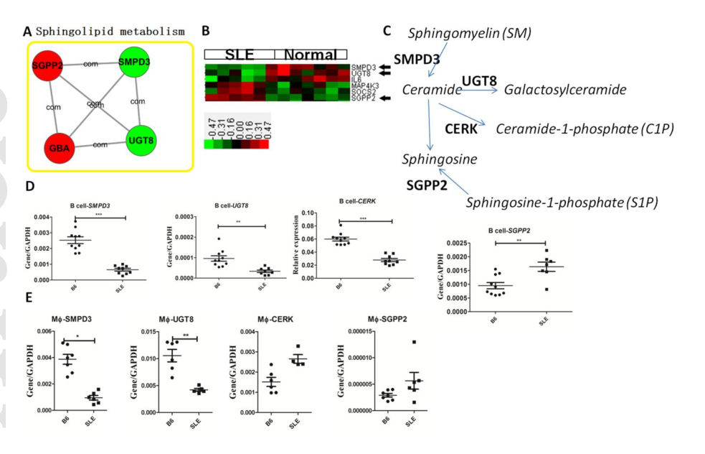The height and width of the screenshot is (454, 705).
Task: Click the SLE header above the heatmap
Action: point(239,55)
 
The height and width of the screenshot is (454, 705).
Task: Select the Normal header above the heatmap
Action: point(311,55)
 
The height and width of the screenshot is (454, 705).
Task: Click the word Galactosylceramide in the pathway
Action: point(565,90)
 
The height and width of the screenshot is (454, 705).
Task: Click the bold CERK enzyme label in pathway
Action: point(461,129)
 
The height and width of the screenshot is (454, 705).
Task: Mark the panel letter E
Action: point(29,297)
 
